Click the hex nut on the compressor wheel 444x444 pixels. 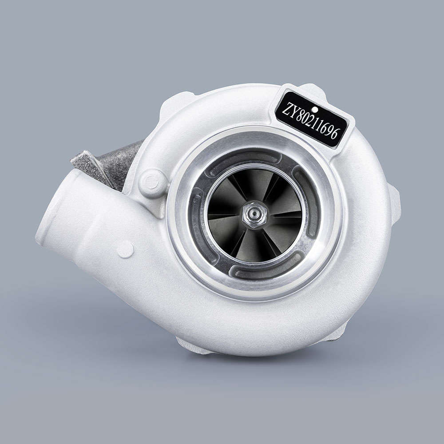click(255, 215)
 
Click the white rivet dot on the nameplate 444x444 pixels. click(315, 109)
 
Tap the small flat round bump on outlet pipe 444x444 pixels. click(125, 250)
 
